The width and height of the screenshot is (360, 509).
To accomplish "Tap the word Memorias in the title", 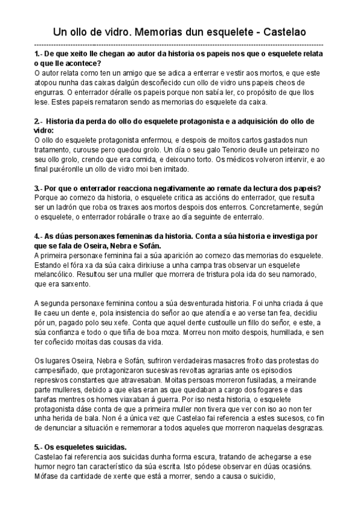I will pyautogui.click(x=146, y=30).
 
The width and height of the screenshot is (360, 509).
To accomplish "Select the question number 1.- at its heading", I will pyautogui.click(x=40, y=54).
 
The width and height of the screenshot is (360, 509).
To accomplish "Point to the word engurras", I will pyautogui.click(x=50, y=92).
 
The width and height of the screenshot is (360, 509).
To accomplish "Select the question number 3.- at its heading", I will pyautogui.click(x=39, y=188).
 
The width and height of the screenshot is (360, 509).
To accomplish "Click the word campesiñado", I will pyautogui.click(x=62, y=370).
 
